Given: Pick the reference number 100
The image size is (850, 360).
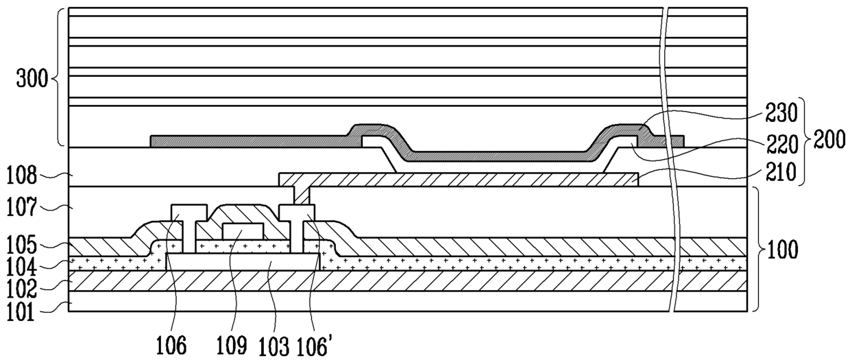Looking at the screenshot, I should (x=783, y=250).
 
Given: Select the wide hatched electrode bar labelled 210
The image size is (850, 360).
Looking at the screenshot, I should (x=459, y=179).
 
